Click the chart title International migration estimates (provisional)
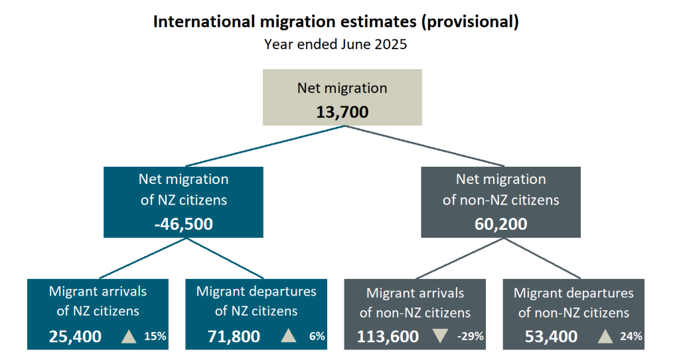(x=336, y=21)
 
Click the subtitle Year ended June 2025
(x=335, y=45)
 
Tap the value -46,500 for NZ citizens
(x=183, y=223)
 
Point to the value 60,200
(x=500, y=223)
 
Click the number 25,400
(x=75, y=337)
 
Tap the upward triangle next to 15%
(x=129, y=336)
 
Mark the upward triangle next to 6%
(x=288, y=336)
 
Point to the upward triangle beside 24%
(x=605, y=336)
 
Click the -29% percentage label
(x=470, y=337)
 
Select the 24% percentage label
(x=631, y=337)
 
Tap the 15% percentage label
(x=155, y=337)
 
